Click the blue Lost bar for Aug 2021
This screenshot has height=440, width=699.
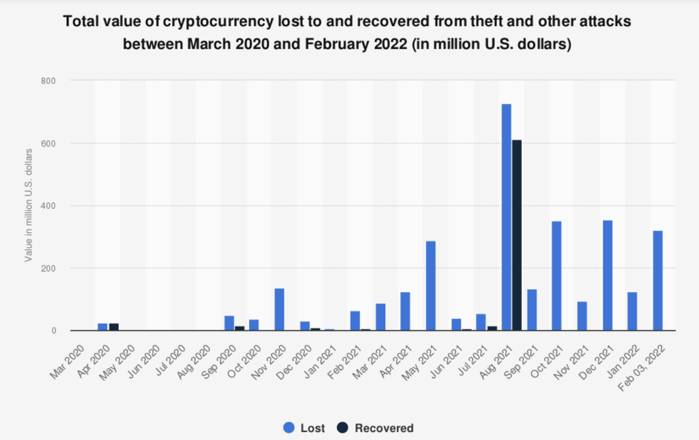pyautogui.click(x=506, y=217)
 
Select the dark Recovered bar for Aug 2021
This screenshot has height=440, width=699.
pyautogui.click(x=516, y=235)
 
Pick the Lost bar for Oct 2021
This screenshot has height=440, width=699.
pyautogui.click(x=557, y=276)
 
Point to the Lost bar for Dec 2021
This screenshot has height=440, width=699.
pyautogui.click(x=607, y=275)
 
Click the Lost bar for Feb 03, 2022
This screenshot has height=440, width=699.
pyautogui.click(x=658, y=280)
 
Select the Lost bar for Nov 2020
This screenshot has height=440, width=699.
pyautogui.click(x=279, y=309)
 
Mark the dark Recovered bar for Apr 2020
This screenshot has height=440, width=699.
pyautogui.click(x=113, y=327)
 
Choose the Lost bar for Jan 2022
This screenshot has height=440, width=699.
pyautogui.click(x=632, y=311)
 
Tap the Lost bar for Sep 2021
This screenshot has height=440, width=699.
pyautogui.click(x=531, y=309)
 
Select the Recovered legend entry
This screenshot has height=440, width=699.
pyautogui.click(x=376, y=428)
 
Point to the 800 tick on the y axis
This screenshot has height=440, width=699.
pyautogui.click(x=49, y=81)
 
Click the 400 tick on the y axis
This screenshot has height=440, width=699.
pyautogui.click(x=49, y=206)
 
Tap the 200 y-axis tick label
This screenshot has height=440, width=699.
pyautogui.click(x=49, y=268)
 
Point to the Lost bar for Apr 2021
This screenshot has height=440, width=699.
pyautogui.click(x=405, y=311)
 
